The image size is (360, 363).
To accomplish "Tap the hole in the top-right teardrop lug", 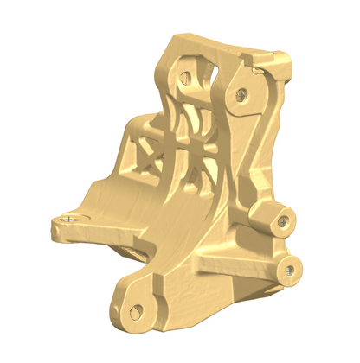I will point(242,92).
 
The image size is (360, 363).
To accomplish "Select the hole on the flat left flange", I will point(68,220).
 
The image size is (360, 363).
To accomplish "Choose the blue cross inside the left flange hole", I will point(68,220).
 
